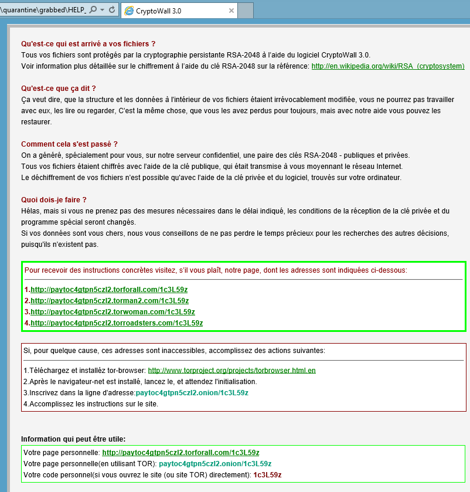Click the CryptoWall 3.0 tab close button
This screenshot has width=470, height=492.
tap(231, 11)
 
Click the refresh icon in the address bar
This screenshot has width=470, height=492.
tap(111, 11)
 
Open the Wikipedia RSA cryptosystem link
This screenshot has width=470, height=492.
tap(387, 66)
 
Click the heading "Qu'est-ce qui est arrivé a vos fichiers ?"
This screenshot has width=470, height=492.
tap(88, 44)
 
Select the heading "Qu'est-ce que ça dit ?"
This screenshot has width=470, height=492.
tap(58, 89)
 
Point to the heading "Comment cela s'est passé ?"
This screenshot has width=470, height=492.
tap(69, 144)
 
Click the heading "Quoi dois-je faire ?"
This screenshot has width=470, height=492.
tap(54, 200)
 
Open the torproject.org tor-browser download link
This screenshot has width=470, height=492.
tap(231, 371)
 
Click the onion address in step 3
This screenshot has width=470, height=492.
tap(192, 393)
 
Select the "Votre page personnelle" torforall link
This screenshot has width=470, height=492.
tap(180, 453)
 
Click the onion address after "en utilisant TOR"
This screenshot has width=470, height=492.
tap(215, 464)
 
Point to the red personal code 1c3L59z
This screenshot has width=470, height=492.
tap(267, 475)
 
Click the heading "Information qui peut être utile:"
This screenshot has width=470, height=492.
tap(73, 439)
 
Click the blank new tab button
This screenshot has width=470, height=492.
tap(246, 11)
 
